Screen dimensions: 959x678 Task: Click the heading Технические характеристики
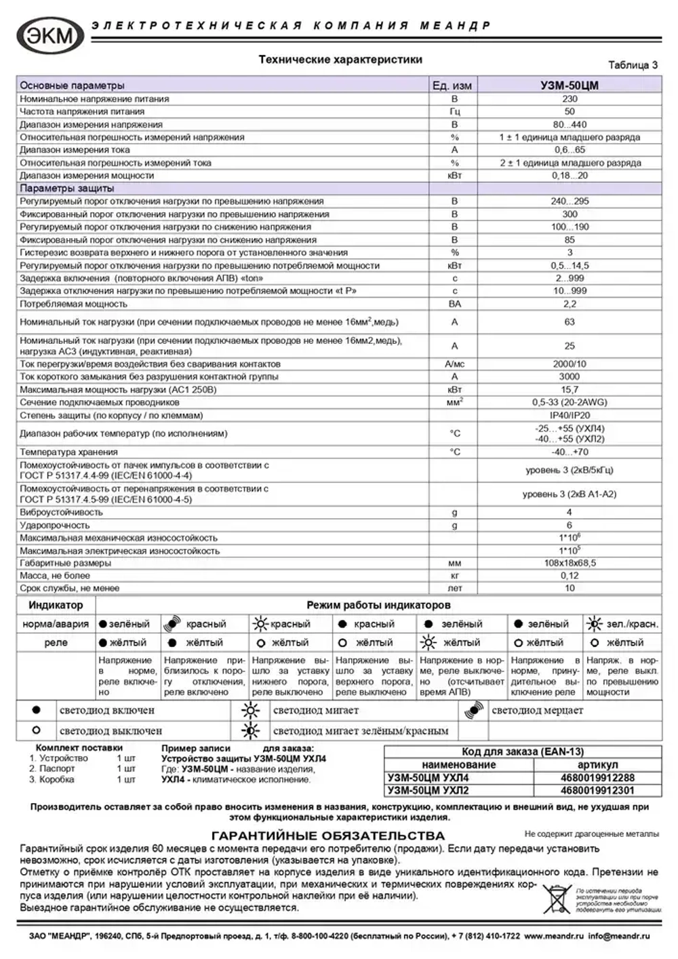point(340,60)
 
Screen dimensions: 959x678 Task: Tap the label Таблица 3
point(633,65)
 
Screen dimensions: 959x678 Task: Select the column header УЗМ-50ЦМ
point(569,85)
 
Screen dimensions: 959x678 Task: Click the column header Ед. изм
point(452,85)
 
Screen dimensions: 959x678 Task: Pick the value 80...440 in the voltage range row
point(569,125)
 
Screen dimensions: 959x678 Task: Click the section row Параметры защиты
point(67,189)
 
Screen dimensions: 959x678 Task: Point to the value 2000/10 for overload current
point(569,364)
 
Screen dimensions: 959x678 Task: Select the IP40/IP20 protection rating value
point(569,416)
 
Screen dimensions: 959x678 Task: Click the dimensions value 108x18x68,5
point(569,564)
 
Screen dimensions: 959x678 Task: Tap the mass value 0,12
point(569,576)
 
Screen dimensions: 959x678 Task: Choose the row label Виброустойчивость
point(62,513)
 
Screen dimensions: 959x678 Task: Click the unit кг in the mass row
point(454,576)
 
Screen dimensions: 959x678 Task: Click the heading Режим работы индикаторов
point(378,605)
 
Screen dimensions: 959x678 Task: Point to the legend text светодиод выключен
point(111,731)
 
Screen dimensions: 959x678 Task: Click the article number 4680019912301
point(597,790)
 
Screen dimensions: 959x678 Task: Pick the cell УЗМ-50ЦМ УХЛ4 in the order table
point(428,778)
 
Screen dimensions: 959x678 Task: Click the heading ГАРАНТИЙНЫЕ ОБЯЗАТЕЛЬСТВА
point(328,836)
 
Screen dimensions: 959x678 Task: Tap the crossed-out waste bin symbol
point(557,899)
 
